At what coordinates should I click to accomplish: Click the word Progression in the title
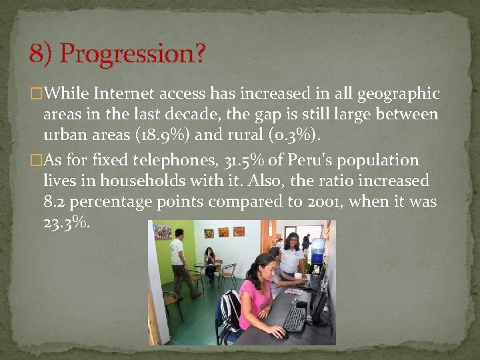click(x=133, y=54)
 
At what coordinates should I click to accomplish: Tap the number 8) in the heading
click(x=41, y=54)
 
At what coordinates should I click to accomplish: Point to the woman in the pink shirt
click(x=257, y=293)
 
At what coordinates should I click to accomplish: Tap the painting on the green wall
click(x=162, y=231)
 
